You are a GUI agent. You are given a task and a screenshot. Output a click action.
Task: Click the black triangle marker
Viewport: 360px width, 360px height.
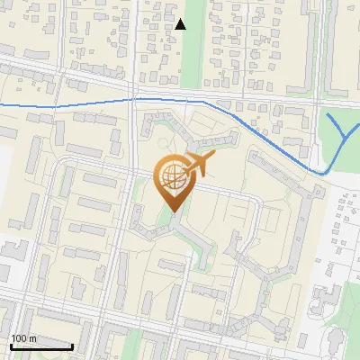tap(181, 24)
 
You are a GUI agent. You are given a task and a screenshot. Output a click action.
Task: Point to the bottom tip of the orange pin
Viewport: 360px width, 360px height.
tap(171, 212)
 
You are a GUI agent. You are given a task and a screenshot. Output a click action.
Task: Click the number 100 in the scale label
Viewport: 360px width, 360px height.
tap(20, 338)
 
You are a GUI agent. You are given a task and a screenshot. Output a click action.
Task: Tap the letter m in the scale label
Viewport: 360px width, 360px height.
tap(34, 338)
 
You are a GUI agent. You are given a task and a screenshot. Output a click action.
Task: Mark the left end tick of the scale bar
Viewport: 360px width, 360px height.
tap(10, 345)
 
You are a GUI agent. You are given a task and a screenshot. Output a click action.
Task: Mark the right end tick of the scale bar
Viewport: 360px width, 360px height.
tap(73, 345)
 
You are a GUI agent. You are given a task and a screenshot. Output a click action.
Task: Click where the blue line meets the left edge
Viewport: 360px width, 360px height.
tap(1, 106)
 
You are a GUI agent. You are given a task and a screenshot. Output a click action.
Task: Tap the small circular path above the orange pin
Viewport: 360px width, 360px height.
tap(162, 143)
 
